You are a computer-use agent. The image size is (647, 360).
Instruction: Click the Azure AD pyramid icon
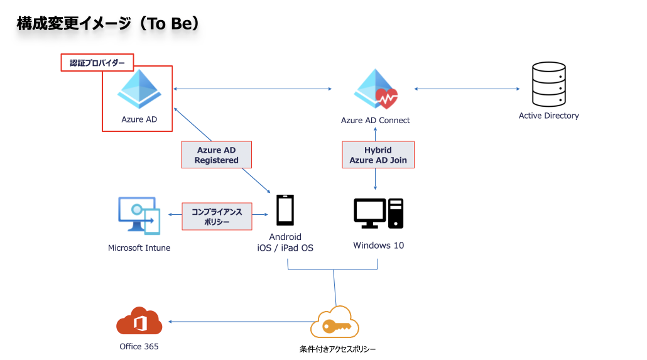tap(139, 89)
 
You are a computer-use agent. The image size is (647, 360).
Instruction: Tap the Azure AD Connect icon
tap(376, 89)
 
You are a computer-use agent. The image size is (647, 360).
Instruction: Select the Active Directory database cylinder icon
tap(549, 84)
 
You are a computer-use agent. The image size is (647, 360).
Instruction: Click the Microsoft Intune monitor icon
tap(139, 215)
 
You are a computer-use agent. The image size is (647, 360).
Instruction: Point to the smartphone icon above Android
tap(285, 210)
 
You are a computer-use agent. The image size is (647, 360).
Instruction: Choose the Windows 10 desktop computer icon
tap(378, 214)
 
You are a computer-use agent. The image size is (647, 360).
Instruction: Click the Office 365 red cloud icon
tap(139, 321)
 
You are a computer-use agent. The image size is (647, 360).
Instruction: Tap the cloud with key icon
tap(335, 322)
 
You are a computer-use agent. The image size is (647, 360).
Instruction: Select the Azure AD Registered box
tap(217, 155)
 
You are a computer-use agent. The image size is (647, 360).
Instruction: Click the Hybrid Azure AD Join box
tap(378, 155)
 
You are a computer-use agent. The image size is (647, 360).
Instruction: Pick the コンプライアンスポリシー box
tap(217, 216)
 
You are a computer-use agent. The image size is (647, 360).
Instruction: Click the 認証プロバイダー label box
tap(97, 63)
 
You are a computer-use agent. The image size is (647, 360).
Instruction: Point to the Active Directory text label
tap(549, 116)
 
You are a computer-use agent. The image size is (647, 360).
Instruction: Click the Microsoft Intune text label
tap(139, 248)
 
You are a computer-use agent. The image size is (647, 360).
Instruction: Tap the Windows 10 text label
tap(378, 245)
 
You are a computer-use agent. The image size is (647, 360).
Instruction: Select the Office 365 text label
tap(139, 346)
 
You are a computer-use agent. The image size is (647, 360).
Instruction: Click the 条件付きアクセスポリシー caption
tap(337, 349)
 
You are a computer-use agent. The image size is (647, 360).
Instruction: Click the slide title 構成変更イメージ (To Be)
tap(108, 23)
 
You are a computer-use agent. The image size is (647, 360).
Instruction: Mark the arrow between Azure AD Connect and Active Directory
tap(467, 89)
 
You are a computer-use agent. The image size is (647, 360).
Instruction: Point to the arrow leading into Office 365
tap(241, 322)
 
